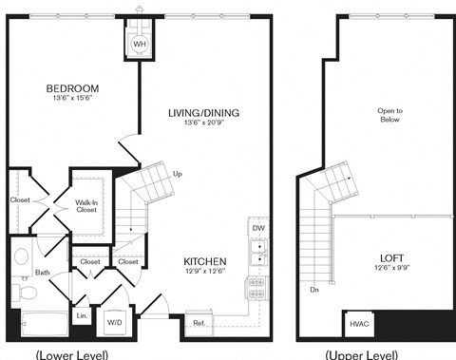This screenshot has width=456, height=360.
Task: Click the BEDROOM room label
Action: coord(73,88)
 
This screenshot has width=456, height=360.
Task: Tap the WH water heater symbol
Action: coord(139,44)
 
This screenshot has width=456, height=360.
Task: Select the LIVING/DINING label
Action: coord(203,113)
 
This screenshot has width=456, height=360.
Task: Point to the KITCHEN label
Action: coord(204,260)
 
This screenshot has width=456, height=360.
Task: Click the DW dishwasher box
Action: coord(257,228)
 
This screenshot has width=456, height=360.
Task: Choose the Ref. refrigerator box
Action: coord(199,322)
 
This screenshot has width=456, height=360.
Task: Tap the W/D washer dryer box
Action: coord(114,323)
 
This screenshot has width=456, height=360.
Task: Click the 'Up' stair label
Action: coord(178,174)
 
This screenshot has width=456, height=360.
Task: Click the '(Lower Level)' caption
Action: coord(71,354)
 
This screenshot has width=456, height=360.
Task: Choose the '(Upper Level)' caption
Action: coord(361,354)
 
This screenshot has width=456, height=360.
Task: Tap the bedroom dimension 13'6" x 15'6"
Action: coord(73,100)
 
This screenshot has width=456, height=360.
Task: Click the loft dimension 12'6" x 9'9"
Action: coord(390,269)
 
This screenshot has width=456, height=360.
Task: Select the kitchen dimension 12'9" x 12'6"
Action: coord(204,273)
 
